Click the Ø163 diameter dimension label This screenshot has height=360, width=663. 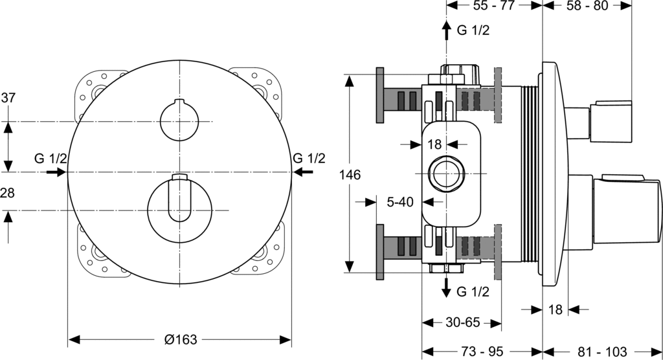(x=181, y=339)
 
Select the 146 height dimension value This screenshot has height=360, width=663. (x=350, y=174)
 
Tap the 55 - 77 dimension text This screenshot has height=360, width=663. (x=493, y=5)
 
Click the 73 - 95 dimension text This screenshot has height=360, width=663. (x=482, y=352)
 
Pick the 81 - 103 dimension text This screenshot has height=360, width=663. (x=602, y=352)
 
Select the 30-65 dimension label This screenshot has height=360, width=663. (x=462, y=323)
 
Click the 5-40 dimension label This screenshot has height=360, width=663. (x=400, y=202)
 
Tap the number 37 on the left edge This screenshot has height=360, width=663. (x=8, y=98)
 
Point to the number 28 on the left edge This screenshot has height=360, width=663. (x=7, y=193)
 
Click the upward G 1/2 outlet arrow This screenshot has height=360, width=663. (x=446, y=30)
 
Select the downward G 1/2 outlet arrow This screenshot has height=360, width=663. (x=446, y=287)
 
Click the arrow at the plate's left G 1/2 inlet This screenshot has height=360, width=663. (x=56, y=172)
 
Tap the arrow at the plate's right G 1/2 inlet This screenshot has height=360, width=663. (x=303, y=172)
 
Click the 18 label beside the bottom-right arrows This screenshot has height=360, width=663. (x=555, y=309)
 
